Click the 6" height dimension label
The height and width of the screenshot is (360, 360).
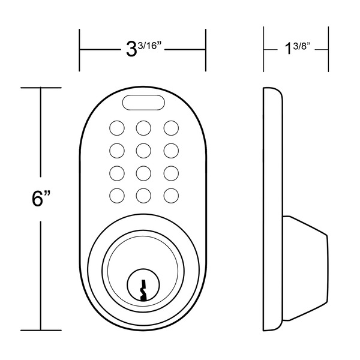coord(41,199)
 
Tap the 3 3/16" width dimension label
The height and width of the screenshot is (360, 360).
coord(144,49)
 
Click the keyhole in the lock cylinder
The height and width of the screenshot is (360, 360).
coord(143,290)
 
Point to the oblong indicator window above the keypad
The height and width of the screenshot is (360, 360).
coord(143,103)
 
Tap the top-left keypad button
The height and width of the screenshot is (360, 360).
coord(117,128)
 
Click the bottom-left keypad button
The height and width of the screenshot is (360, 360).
coord(117,196)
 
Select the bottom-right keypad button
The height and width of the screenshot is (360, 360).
coord(171,196)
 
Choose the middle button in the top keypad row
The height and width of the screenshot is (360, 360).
coord(143,128)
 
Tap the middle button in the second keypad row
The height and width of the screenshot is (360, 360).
coord(143,151)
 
